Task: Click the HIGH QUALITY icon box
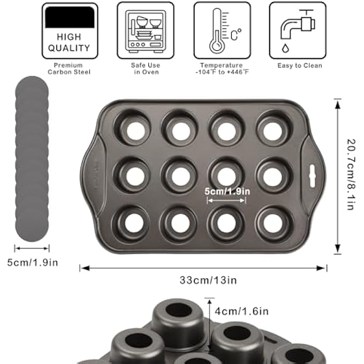(x=70, y=31)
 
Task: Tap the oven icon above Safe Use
(x=146, y=31)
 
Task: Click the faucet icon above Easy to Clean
(x=298, y=24)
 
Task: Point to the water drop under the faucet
(x=285, y=48)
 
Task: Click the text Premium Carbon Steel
(x=69, y=69)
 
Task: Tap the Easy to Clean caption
(x=300, y=66)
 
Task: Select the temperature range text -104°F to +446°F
(x=222, y=72)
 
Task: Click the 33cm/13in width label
(x=208, y=280)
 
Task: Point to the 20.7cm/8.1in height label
(x=351, y=175)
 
